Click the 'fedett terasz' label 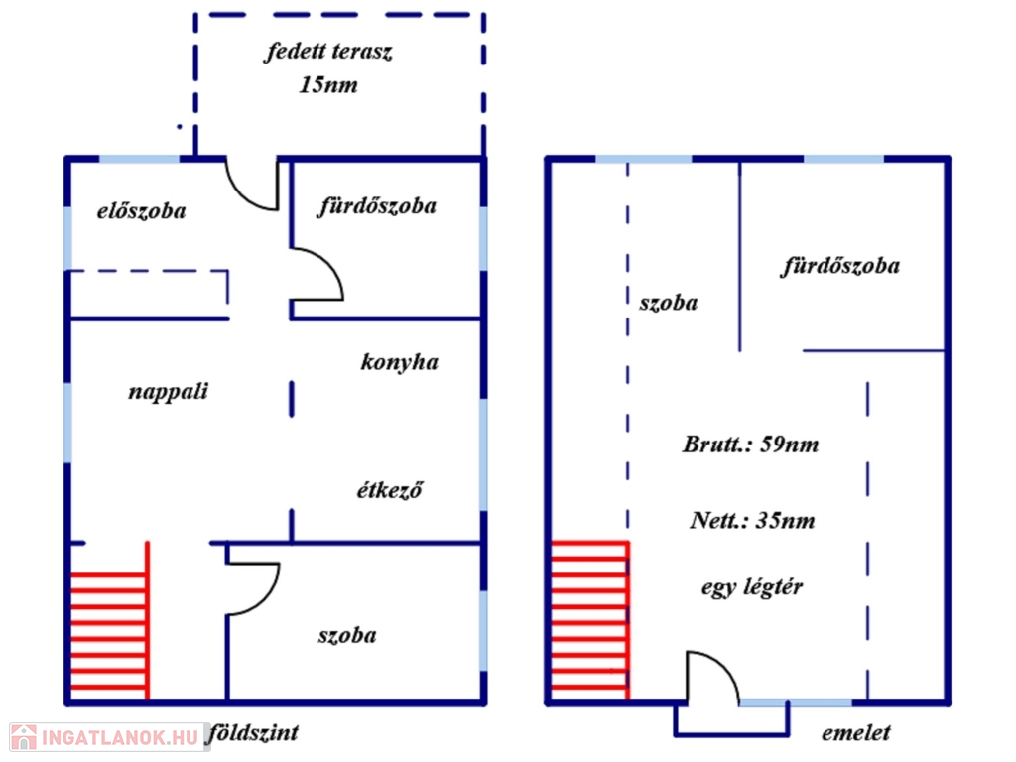(328, 53)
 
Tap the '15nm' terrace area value (328, 85)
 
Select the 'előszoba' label (141, 211)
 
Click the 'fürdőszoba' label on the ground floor (377, 207)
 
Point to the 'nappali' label (169, 392)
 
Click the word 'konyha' (399, 362)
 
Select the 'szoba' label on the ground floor (346, 636)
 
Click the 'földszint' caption (253, 734)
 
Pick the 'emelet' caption (856, 734)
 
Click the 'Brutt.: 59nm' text (751, 444)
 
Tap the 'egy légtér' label (752, 587)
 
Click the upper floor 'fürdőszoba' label (840, 266)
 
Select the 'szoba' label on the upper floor (668, 303)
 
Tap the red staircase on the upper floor (589, 620)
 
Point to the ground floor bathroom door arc (318, 275)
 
